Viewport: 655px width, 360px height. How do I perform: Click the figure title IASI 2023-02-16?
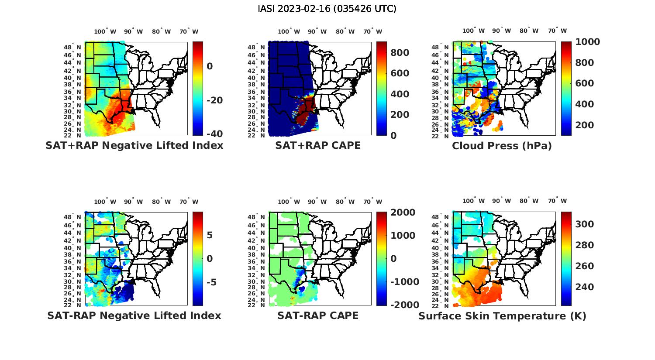point(327,9)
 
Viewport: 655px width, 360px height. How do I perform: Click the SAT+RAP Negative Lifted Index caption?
point(134,146)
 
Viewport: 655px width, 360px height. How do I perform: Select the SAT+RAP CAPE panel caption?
point(318,146)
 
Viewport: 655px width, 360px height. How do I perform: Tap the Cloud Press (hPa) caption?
point(502,146)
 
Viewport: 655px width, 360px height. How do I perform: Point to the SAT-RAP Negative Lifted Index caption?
point(134,315)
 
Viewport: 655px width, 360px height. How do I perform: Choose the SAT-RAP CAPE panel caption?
point(318,315)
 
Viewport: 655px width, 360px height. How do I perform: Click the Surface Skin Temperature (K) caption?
point(502,316)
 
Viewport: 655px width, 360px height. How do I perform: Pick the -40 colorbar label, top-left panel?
point(214,134)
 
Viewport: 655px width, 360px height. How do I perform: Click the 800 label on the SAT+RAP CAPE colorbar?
point(400,53)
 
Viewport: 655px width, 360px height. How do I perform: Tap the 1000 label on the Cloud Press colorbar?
point(587,42)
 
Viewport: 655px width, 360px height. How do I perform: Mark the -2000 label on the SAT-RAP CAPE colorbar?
point(404,305)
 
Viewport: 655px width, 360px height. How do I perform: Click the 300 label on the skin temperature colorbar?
point(584,224)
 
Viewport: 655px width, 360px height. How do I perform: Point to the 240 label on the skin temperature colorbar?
point(584,287)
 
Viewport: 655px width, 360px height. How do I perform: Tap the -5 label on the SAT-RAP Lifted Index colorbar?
point(211,282)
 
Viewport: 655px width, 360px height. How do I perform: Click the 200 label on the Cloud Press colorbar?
point(584,125)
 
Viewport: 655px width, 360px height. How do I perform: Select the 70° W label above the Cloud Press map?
point(557,31)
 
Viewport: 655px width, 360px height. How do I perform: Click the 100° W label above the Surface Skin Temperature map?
point(473,201)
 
